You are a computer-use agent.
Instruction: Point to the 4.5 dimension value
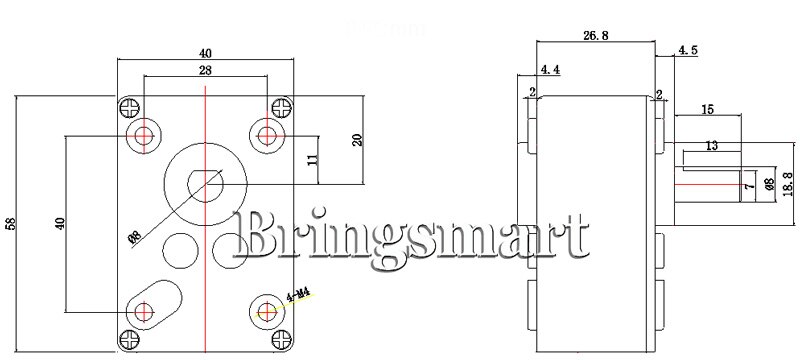tap(688, 49)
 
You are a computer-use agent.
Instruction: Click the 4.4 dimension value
tap(549, 69)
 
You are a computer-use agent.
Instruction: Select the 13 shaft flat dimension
tap(712, 146)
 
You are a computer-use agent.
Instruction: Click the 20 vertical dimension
tap(357, 139)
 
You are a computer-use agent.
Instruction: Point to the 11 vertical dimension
tap(314, 159)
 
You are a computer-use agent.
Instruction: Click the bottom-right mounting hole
tap(267, 309)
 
